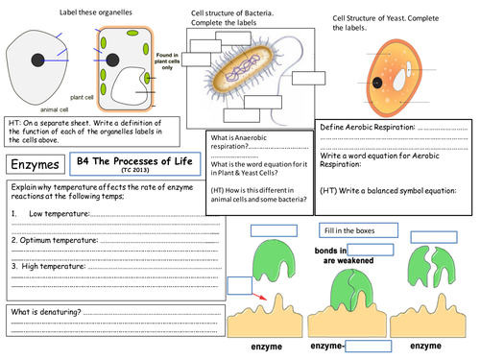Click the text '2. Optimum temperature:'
[x=58, y=238]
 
